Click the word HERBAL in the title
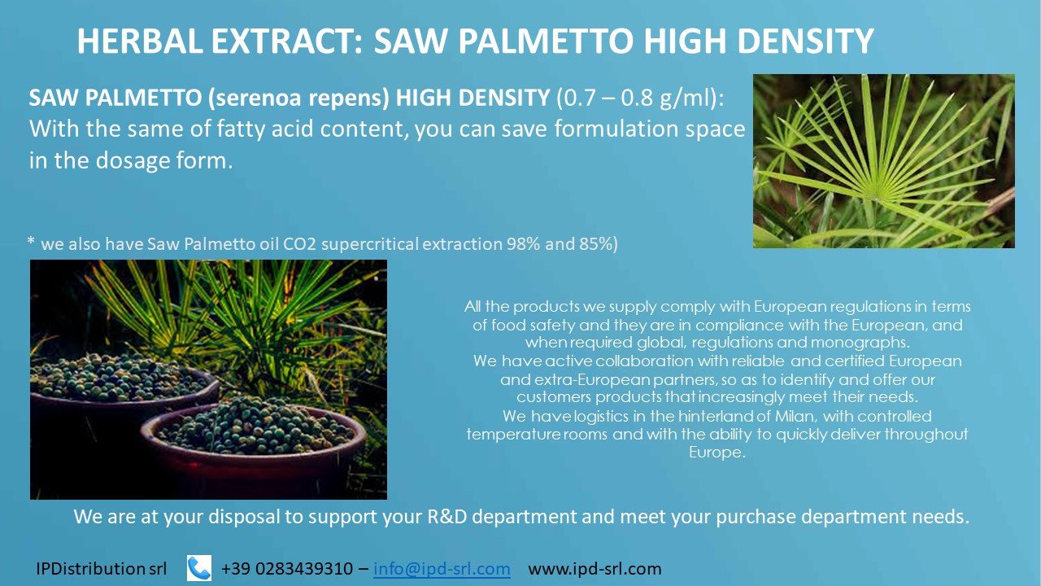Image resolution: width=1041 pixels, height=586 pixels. click(140, 42)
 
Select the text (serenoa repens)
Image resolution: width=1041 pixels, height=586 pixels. click(298, 98)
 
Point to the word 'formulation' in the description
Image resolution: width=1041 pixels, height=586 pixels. click(617, 129)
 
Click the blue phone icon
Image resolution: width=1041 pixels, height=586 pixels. click(199, 568)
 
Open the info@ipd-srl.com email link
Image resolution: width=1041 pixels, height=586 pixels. click(442, 568)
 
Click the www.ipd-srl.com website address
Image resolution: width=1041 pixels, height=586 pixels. click(595, 569)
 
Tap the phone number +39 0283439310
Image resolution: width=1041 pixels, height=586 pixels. click(287, 568)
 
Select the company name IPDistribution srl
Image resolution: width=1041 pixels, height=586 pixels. click(102, 568)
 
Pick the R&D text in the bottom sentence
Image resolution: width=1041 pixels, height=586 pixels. click(447, 517)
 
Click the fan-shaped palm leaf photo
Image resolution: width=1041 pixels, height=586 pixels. click(883, 161)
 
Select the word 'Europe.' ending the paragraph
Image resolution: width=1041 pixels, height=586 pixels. click(717, 453)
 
